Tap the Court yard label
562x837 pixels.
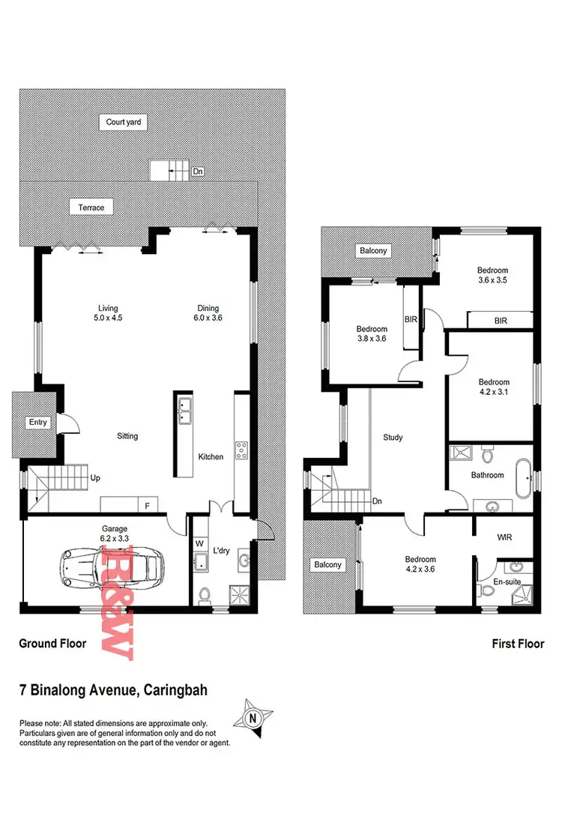124,121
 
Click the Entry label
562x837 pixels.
38,423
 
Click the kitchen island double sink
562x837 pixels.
184,409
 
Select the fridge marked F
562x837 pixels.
148,506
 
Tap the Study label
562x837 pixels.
393,438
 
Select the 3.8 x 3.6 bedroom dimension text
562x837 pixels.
372,339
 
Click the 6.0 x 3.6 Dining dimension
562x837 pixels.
208,318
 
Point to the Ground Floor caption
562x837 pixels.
52,643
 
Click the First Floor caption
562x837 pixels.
518,643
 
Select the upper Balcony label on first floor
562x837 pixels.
373,251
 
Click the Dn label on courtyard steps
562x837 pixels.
198,172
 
